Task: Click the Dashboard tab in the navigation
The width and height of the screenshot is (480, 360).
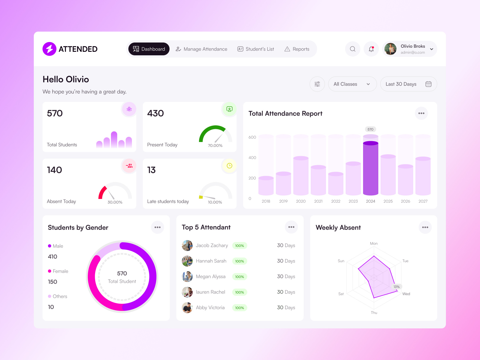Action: pos(149,49)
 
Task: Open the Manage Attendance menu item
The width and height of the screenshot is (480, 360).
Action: pos(201,49)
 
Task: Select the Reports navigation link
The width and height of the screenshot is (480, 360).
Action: pos(297,49)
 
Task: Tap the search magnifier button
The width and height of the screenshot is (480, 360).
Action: pos(352,49)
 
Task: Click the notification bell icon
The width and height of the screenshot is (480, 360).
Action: pos(371,49)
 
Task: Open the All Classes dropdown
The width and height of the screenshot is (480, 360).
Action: pos(352,84)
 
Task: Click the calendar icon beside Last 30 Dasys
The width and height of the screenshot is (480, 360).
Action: pos(428,84)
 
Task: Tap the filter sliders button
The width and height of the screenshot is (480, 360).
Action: pos(317,84)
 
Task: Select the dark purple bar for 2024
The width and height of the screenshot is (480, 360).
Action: pos(370,169)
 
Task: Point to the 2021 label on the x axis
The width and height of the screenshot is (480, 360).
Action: pos(318,201)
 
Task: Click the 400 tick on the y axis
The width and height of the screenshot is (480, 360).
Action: pos(252,158)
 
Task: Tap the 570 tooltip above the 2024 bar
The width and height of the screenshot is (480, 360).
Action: pos(370,129)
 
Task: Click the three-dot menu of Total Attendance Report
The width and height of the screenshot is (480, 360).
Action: pos(421,113)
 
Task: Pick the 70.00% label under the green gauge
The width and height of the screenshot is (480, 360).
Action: pos(215,146)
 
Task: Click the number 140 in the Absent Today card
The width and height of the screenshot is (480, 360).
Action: pos(55,170)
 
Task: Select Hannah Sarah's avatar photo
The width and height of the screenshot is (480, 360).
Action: pos(187,261)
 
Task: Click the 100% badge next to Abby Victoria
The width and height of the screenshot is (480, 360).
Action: pos(239,308)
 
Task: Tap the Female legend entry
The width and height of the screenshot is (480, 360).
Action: pos(60,271)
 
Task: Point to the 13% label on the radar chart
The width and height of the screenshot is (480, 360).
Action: pos(396,287)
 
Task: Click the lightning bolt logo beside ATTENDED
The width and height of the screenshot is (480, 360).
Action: pos(49,49)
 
